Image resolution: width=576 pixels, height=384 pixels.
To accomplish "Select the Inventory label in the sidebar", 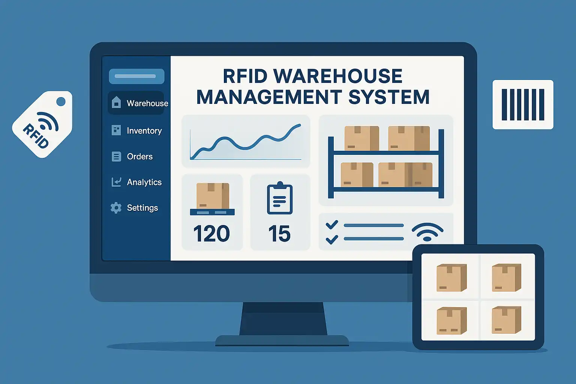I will [144, 130].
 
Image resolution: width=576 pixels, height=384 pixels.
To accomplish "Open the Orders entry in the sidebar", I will [139, 156].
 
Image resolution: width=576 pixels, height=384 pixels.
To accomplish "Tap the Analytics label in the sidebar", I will [144, 182].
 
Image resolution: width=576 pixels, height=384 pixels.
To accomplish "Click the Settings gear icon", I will [116, 208].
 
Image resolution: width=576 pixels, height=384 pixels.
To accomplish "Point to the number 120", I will [211, 234].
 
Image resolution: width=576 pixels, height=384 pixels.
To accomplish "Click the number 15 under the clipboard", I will [279, 234].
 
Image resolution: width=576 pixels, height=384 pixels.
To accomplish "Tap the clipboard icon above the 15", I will [279, 199].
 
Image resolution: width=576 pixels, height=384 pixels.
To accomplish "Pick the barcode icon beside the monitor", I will [523, 105].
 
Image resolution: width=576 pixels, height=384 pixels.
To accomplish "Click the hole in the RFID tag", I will [61, 101].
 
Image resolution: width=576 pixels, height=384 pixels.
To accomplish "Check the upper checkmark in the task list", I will [332, 225].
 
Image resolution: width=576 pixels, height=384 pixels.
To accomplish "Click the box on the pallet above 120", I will [212, 196].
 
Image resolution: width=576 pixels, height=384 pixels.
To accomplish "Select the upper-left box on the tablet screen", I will [451, 278].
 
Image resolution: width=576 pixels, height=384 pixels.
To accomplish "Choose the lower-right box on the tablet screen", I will [506, 320].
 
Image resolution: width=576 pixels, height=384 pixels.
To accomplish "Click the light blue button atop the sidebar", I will [136, 76].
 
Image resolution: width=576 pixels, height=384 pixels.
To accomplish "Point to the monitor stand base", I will [282, 340].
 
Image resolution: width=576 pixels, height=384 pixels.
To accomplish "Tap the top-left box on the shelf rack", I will [361, 138].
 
